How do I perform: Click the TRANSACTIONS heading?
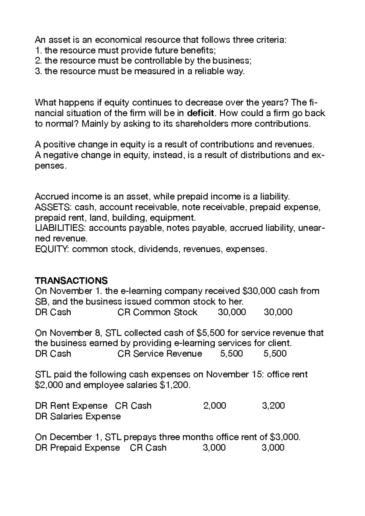pos(71,280)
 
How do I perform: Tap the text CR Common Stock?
pos(157,312)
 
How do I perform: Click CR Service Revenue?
pos(160,354)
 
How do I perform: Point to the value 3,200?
pos(273,406)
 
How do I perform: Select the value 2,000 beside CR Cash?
pos(214,406)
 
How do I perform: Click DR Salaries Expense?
pos(78,416)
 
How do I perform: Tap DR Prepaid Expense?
pos(78,448)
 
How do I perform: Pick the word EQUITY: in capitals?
pos(52,249)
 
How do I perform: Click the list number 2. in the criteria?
pos(38,61)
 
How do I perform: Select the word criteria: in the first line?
pos(270,40)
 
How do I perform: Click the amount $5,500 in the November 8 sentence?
pos(210,333)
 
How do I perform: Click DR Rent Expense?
pos(71,406)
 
